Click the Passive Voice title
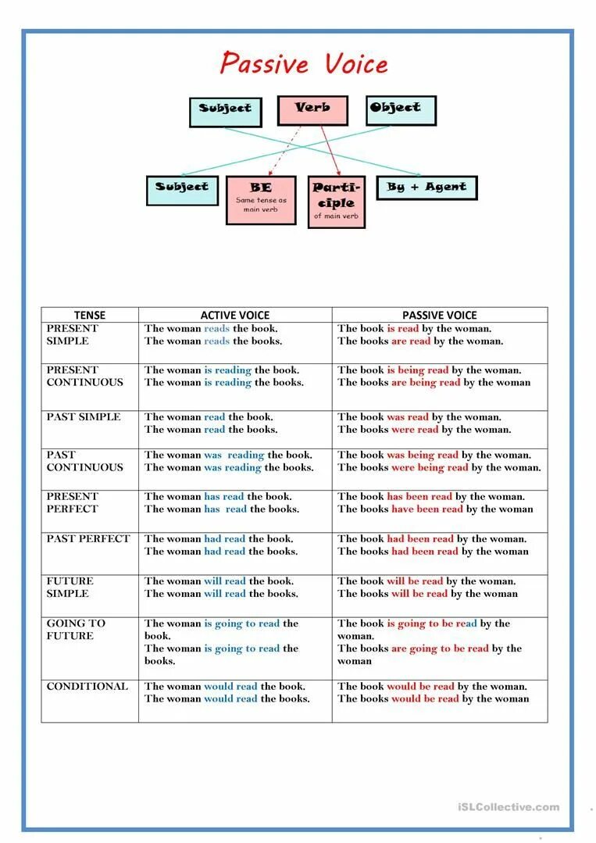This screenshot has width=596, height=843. [304, 63]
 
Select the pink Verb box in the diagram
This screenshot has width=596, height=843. [312, 110]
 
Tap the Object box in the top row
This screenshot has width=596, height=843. [401, 110]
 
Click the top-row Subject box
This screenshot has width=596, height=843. [225, 112]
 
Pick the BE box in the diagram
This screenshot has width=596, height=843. [261, 200]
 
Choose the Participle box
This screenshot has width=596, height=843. [337, 201]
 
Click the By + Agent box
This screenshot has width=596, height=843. [426, 188]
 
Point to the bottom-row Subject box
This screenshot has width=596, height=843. [182, 190]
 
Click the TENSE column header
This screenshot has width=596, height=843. [90, 315]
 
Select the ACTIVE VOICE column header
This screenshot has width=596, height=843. [234, 315]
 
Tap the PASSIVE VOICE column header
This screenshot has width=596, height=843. [439, 315]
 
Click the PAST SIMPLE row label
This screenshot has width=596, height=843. [84, 417]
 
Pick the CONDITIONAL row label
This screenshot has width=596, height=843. [87, 687]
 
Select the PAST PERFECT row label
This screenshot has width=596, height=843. [88, 539]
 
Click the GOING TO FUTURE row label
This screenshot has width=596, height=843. [76, 630]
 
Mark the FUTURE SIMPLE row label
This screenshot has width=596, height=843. [70, 588]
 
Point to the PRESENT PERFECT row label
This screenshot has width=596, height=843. [73, 502]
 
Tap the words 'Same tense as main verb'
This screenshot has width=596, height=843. [261, 205]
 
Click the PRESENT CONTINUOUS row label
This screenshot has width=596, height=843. [84, 377]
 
